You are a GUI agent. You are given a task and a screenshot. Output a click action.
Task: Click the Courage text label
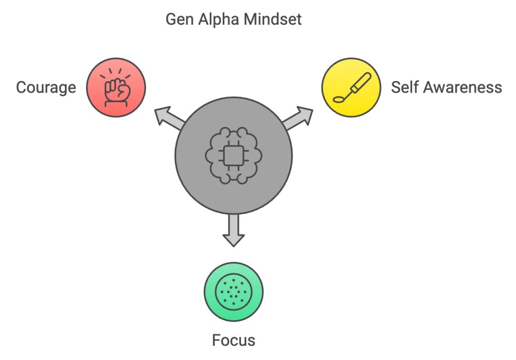pyautogui.click(x=46, y=88)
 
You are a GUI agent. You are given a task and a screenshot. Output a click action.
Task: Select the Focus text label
pyautogui.click(x=233, y=340)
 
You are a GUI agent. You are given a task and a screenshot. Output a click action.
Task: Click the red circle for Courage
pyautogui.click(x=116, y=88)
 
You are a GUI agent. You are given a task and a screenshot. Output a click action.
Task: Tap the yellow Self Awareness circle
pyautogui.click(x=351, y=87)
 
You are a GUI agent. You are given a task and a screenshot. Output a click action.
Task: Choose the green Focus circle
pyautogui.click(x=233, y=291)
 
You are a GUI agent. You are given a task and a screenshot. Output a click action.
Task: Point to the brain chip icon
pyautogui.click(x=233, y=156)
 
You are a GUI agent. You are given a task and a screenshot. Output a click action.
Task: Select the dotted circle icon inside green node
pyautogui.click(x=233, y=292)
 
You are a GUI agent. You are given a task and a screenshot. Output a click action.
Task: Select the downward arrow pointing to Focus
pyautogui.click(x=233, y=231)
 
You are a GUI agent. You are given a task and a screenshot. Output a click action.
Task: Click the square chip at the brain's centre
pyautogui.click(x=233, y=157)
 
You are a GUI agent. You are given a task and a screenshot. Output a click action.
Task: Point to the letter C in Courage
pyautogui.click(x=21, y=88)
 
